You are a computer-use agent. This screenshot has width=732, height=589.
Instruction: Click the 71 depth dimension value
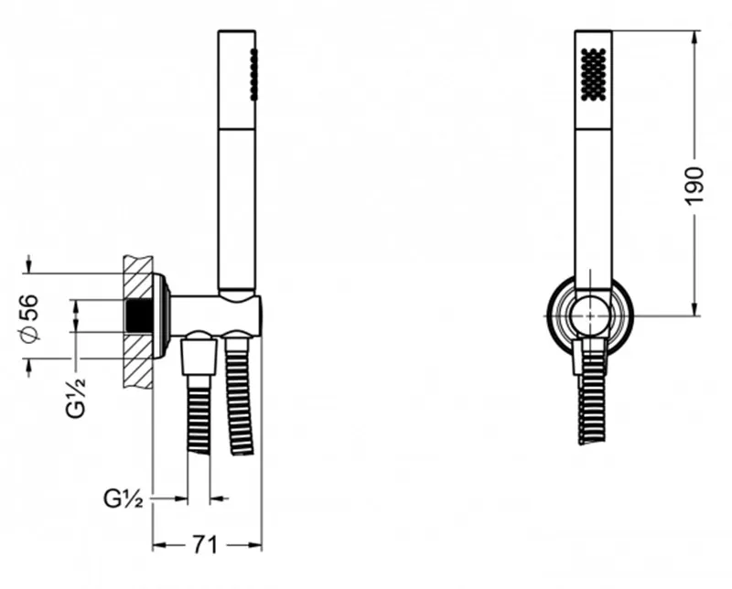(205, 545)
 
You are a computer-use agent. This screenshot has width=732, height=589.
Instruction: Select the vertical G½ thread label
(76, 397)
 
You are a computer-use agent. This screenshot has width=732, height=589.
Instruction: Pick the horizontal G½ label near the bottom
(123, 499)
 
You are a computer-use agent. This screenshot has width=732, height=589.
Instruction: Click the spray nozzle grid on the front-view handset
(593, 74)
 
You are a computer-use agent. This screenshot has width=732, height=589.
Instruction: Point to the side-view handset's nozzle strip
(253, 74)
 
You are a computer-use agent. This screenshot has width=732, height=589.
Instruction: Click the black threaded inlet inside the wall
(139, 315)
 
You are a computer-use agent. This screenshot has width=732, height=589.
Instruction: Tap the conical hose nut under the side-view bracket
(199, 357)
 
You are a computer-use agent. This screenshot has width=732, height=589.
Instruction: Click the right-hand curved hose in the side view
(240, 395)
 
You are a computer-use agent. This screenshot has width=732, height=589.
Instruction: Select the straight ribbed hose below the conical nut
(199, 414)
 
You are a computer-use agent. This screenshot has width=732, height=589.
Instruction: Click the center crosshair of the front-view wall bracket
(590, 316)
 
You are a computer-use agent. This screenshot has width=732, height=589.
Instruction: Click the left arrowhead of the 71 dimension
(160, 545)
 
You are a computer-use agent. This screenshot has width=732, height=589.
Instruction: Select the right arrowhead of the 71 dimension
(254, 545)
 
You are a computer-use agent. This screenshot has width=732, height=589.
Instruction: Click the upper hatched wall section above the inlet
(139, 277)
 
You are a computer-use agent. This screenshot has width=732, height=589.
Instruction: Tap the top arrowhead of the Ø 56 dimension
(29, 264)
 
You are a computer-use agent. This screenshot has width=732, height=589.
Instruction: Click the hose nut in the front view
(590, 356)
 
